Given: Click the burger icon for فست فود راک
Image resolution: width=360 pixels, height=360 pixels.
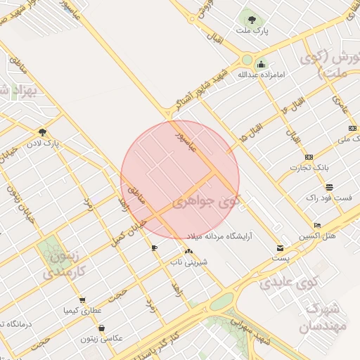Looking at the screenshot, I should (328, 187).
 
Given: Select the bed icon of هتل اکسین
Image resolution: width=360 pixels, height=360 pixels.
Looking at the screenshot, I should (318, 225).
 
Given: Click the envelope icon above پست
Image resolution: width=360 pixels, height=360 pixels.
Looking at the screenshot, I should (281, 248).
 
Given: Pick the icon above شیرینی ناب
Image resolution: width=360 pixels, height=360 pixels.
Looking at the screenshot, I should (188, 251).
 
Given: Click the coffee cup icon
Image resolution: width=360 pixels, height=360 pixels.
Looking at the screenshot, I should (155, 248).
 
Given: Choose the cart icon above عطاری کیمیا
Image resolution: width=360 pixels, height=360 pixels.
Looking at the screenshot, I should (82, 300).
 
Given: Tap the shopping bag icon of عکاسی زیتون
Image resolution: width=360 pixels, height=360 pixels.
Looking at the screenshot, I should (102, 328).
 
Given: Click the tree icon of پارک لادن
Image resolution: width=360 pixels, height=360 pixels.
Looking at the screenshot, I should (43, 131).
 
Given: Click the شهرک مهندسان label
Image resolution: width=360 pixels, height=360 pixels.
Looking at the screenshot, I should (323, 318).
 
